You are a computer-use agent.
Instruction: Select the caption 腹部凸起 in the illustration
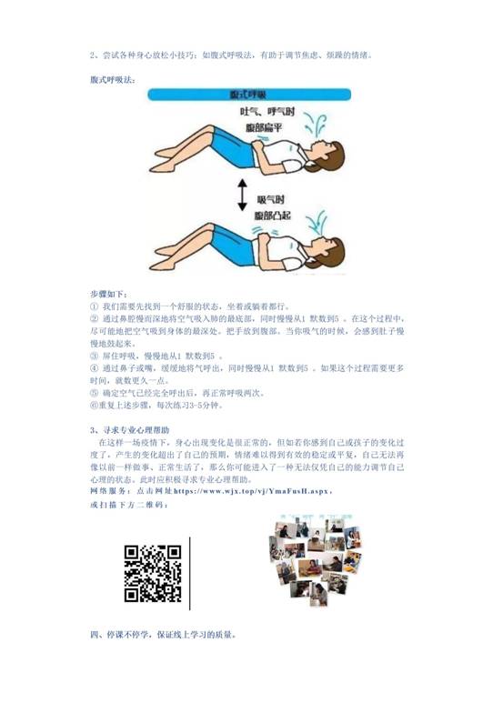point(275,216)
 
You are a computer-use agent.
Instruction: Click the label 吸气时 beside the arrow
point(273,197)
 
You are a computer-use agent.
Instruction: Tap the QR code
point(153,573)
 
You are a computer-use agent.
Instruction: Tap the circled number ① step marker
point(94,307)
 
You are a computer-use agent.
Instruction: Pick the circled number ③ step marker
point(94,356)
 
